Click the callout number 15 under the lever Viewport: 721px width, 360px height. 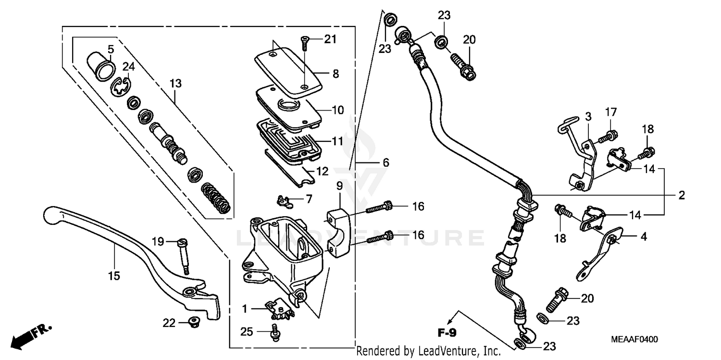point(114,276)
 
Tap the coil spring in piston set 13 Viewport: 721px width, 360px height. point(215,197)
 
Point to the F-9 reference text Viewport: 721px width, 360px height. point(447,333)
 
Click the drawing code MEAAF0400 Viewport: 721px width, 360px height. point(634,339)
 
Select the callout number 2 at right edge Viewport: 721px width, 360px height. point(681,195)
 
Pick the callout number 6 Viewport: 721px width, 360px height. point(385,163)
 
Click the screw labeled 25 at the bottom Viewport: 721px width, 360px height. point(276,333)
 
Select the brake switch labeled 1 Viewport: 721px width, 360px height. point(278,310)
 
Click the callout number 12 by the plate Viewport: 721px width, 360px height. point(323,171)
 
